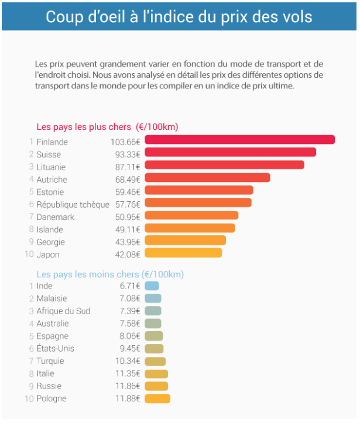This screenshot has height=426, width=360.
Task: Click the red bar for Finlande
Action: (x=239, y=140)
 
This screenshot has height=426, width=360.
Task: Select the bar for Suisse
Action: (x=230, y=152)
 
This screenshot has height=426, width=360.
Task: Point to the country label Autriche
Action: (x=52, y=180)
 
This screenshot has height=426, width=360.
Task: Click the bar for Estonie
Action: (x=198, y=190)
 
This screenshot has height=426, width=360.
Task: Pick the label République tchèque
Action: (x=73, y=205)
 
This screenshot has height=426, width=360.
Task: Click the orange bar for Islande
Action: (x=190, y=228)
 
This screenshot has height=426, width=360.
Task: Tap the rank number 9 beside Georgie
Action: (x=30, y=242)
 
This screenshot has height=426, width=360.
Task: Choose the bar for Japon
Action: (x=183, y=253)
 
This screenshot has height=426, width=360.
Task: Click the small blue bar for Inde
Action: (x=152, y=286)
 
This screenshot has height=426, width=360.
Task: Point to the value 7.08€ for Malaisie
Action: (x=130, y=299)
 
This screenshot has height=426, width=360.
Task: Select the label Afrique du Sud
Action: (x=63, y=311)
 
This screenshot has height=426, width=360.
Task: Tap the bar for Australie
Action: (x=153, y=324)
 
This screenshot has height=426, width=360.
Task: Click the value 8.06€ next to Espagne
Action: (x=130, y=336)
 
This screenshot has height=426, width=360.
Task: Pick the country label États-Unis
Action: (x=55, y=349)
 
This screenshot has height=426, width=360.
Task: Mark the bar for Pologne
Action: (x=157, y=399)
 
